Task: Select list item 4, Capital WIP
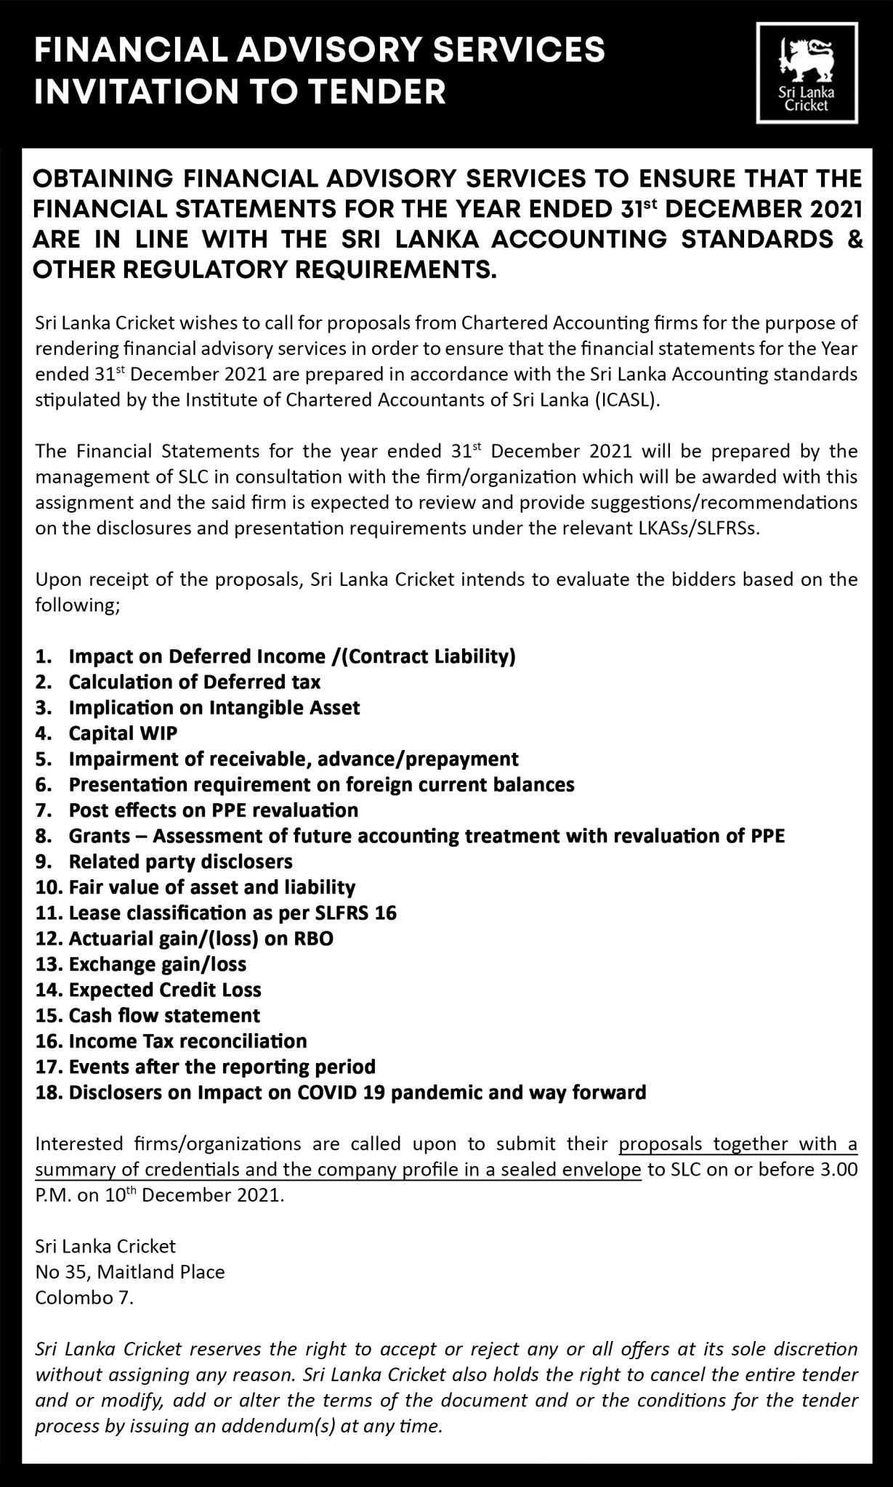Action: pyautogui.click(x=123, y=733)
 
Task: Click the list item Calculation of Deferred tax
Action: pyautogui.click(x=194, y=682)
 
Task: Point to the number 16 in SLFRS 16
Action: pyautogui.click(x=386, y=913)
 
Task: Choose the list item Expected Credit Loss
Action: pyautogui.click(x=165, y=990)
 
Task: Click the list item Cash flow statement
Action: pyautogui.click(x=164, y=1015)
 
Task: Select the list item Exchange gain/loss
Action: pyautogui.click(x=158, y=964)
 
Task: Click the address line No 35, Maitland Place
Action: pyautogui.click(x=130, y=1271)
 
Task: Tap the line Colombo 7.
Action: pyautogui.click(x=84, y=1297)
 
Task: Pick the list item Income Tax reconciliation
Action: pyautogui.click(x=187, y=1041)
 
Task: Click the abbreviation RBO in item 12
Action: pyautogui.click(x=314, y=938)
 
